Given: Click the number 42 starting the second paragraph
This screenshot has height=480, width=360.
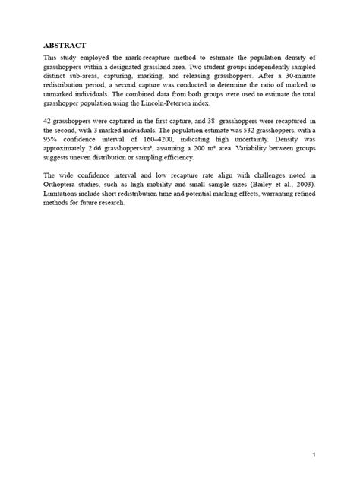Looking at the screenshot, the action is coord(48,121).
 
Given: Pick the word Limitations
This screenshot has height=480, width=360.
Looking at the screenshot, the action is coord(64,194).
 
